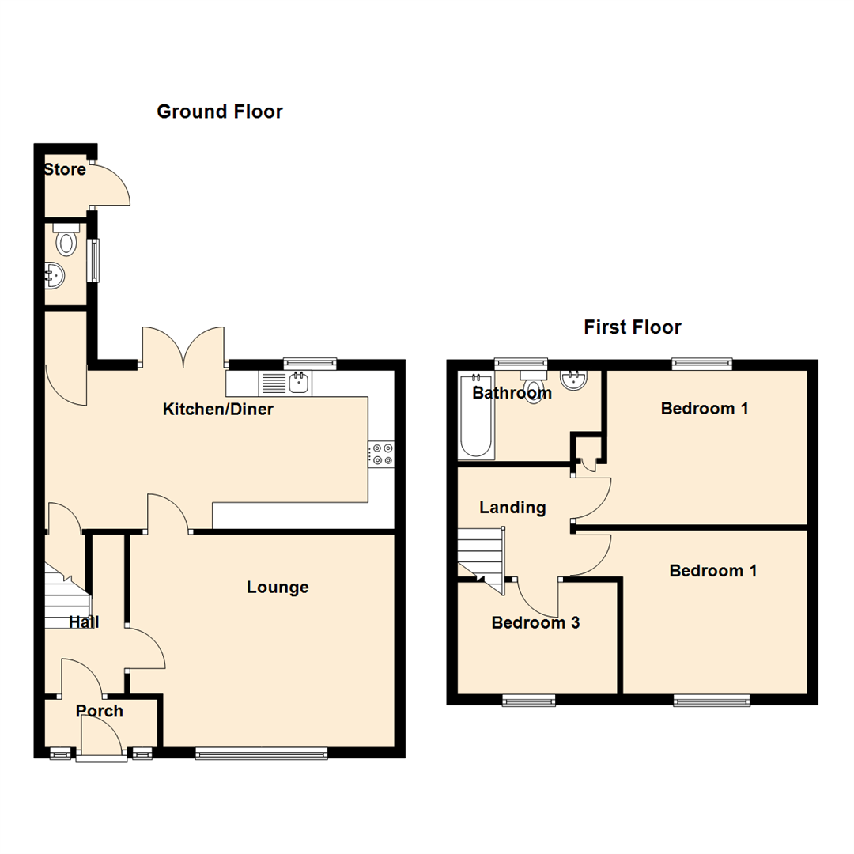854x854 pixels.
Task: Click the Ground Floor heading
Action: [x=219, y=111]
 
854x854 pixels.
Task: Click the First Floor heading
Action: [x=632, y=327]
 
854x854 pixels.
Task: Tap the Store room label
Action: [x=65, y=169]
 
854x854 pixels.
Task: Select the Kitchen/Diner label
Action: [x=217, y=409]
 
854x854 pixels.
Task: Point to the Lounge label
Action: [x=278, y=588]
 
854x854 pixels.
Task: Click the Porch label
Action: [x=100, y=711]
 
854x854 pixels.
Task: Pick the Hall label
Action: [x=84, y=622]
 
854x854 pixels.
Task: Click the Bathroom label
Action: [x=512, y=393]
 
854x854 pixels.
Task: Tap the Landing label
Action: [x=513, y=507]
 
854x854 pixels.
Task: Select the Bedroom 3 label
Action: [x=535, y=622]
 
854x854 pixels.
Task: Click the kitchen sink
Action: [x=299, y=384]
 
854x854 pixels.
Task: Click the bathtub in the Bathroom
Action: [x=476, y=417]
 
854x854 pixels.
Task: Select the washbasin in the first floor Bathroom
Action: [x=573, y=380]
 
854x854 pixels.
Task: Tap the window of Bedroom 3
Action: [x=529, y=700]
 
